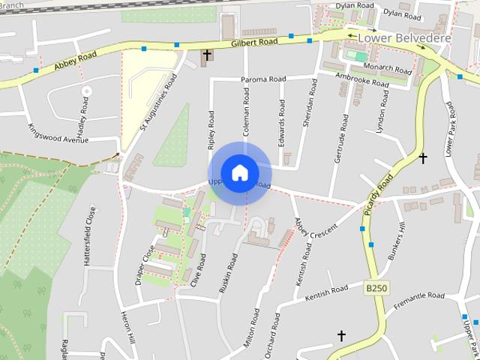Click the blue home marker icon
click(x=239, y=172)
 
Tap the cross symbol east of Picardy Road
click(x=423, y=158)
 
